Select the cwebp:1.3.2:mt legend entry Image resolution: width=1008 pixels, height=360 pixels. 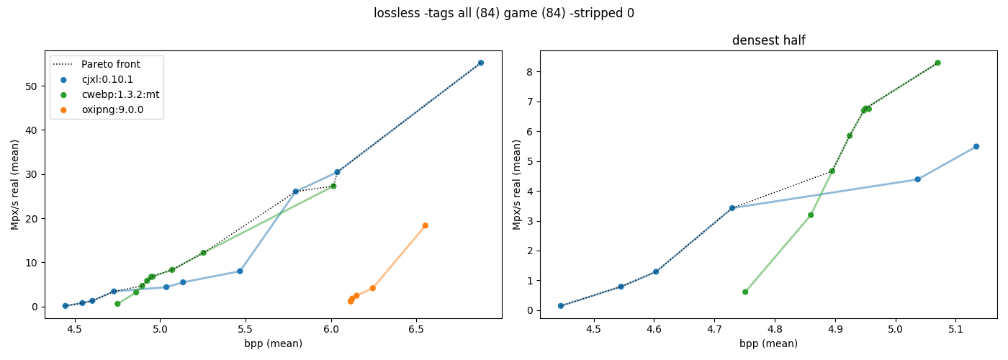click(109, 94)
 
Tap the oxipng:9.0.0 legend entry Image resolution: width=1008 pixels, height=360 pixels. click(102, 109)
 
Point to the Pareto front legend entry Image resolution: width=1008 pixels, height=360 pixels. click(96, 64)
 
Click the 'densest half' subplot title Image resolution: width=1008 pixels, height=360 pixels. click(769, 40)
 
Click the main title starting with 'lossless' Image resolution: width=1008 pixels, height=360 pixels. click(504, 13)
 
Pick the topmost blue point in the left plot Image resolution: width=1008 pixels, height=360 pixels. click(481, 63)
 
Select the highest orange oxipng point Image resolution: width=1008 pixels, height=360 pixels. click(426, 225)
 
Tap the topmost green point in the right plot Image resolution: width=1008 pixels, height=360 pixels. click(937, 63)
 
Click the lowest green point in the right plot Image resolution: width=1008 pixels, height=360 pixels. click(745, 292)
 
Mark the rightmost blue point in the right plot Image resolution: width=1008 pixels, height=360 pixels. click(976, 147)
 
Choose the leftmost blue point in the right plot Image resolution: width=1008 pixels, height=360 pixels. click(561, 306)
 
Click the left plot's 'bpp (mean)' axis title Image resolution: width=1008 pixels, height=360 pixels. click(273, 344)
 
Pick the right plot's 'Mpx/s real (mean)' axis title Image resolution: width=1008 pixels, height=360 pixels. click(516, 184)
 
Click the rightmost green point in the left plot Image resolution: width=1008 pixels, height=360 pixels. click(333, 186)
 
